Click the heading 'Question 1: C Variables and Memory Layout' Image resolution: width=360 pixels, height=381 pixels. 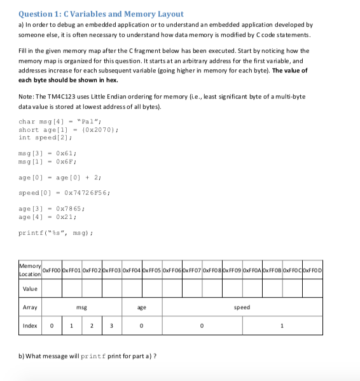tap(101, 13)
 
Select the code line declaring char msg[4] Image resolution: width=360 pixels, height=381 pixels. tap(57, 121)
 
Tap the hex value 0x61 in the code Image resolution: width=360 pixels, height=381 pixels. tap(67, 153)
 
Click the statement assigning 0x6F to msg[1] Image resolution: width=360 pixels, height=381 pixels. tap(48, 161)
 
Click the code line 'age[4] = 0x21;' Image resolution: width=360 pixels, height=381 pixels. tap(48, 216)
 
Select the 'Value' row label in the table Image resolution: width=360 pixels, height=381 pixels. tap(30, 289)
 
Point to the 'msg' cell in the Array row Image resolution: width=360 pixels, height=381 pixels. tap(81, 307)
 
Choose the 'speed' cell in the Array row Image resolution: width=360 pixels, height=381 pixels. tap(242, 307)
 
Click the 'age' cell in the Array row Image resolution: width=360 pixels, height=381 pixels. tap(142, 307)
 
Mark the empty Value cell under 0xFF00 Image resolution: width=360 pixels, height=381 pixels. tap(52, 289)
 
